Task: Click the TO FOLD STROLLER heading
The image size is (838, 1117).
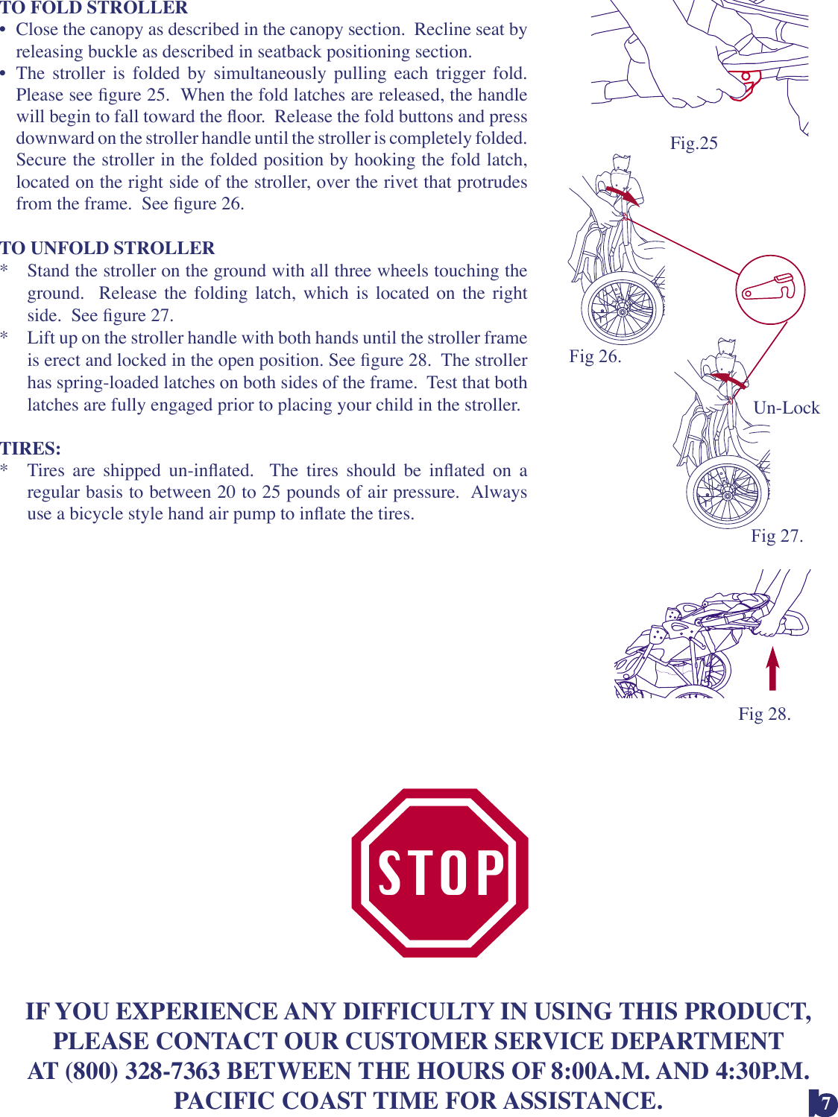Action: (94, 8)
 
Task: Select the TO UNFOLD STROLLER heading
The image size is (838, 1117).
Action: (107, 248)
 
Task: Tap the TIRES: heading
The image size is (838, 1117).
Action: (31, 449)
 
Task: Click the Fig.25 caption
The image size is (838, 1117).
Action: (693, 143)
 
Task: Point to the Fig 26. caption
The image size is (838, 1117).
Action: (595, 356)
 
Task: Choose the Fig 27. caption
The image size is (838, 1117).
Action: (776, 536)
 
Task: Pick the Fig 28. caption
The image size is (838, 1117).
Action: (764, 714)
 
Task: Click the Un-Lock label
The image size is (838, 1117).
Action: (786, 408)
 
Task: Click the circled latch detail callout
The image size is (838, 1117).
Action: (770, 289)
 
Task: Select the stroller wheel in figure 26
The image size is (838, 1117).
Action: (623, 308)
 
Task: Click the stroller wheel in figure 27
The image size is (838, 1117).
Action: (728, 493)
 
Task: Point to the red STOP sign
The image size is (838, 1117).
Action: (440, 873)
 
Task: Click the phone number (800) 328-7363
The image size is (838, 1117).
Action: (143, 1071)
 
